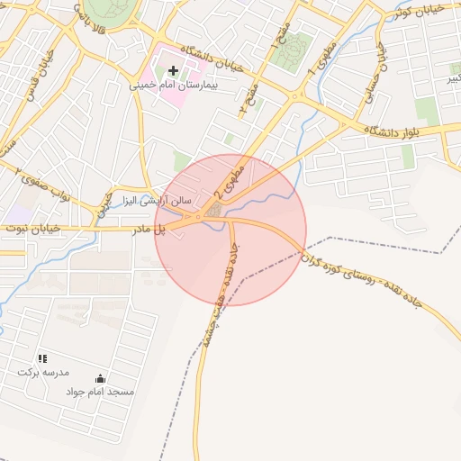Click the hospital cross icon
point(174,69)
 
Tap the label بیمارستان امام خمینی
point(173,84)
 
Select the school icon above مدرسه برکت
point(42,358)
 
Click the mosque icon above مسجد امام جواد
point(99,378)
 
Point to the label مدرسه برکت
point(42,371)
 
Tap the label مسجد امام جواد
point(100,392)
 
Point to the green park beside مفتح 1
point(294,51)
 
